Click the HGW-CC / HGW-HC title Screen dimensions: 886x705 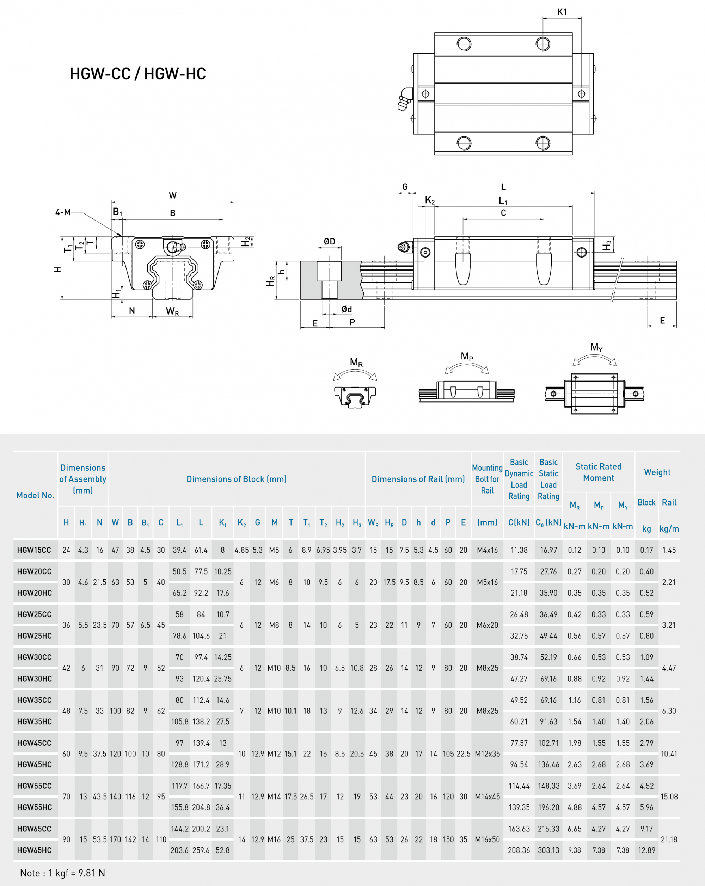[138, 74]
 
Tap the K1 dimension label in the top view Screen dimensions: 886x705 [562, 12]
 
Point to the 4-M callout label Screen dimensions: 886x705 [63, 212]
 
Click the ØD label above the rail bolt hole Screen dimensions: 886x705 [329, 241]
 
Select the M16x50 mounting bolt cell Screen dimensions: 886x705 [487, 839]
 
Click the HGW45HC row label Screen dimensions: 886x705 [35, 764]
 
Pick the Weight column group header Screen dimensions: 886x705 [657, 472]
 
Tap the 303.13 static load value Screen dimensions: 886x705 [548, 850]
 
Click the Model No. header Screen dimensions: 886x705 [35, 495]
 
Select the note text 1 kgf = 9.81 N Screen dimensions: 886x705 [62, 873]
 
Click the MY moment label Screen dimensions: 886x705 [596, 347]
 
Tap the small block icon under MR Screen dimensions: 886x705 [355, 397]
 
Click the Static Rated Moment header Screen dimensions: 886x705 [598, 472]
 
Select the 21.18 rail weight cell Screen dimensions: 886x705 [669, 839]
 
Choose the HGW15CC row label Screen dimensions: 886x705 [34, 550]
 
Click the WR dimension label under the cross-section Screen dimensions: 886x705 [172, 311]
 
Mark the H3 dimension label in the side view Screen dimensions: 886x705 [607, 245]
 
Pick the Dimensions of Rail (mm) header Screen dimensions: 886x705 [418, 479]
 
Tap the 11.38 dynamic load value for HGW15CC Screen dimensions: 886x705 [519, 550]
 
